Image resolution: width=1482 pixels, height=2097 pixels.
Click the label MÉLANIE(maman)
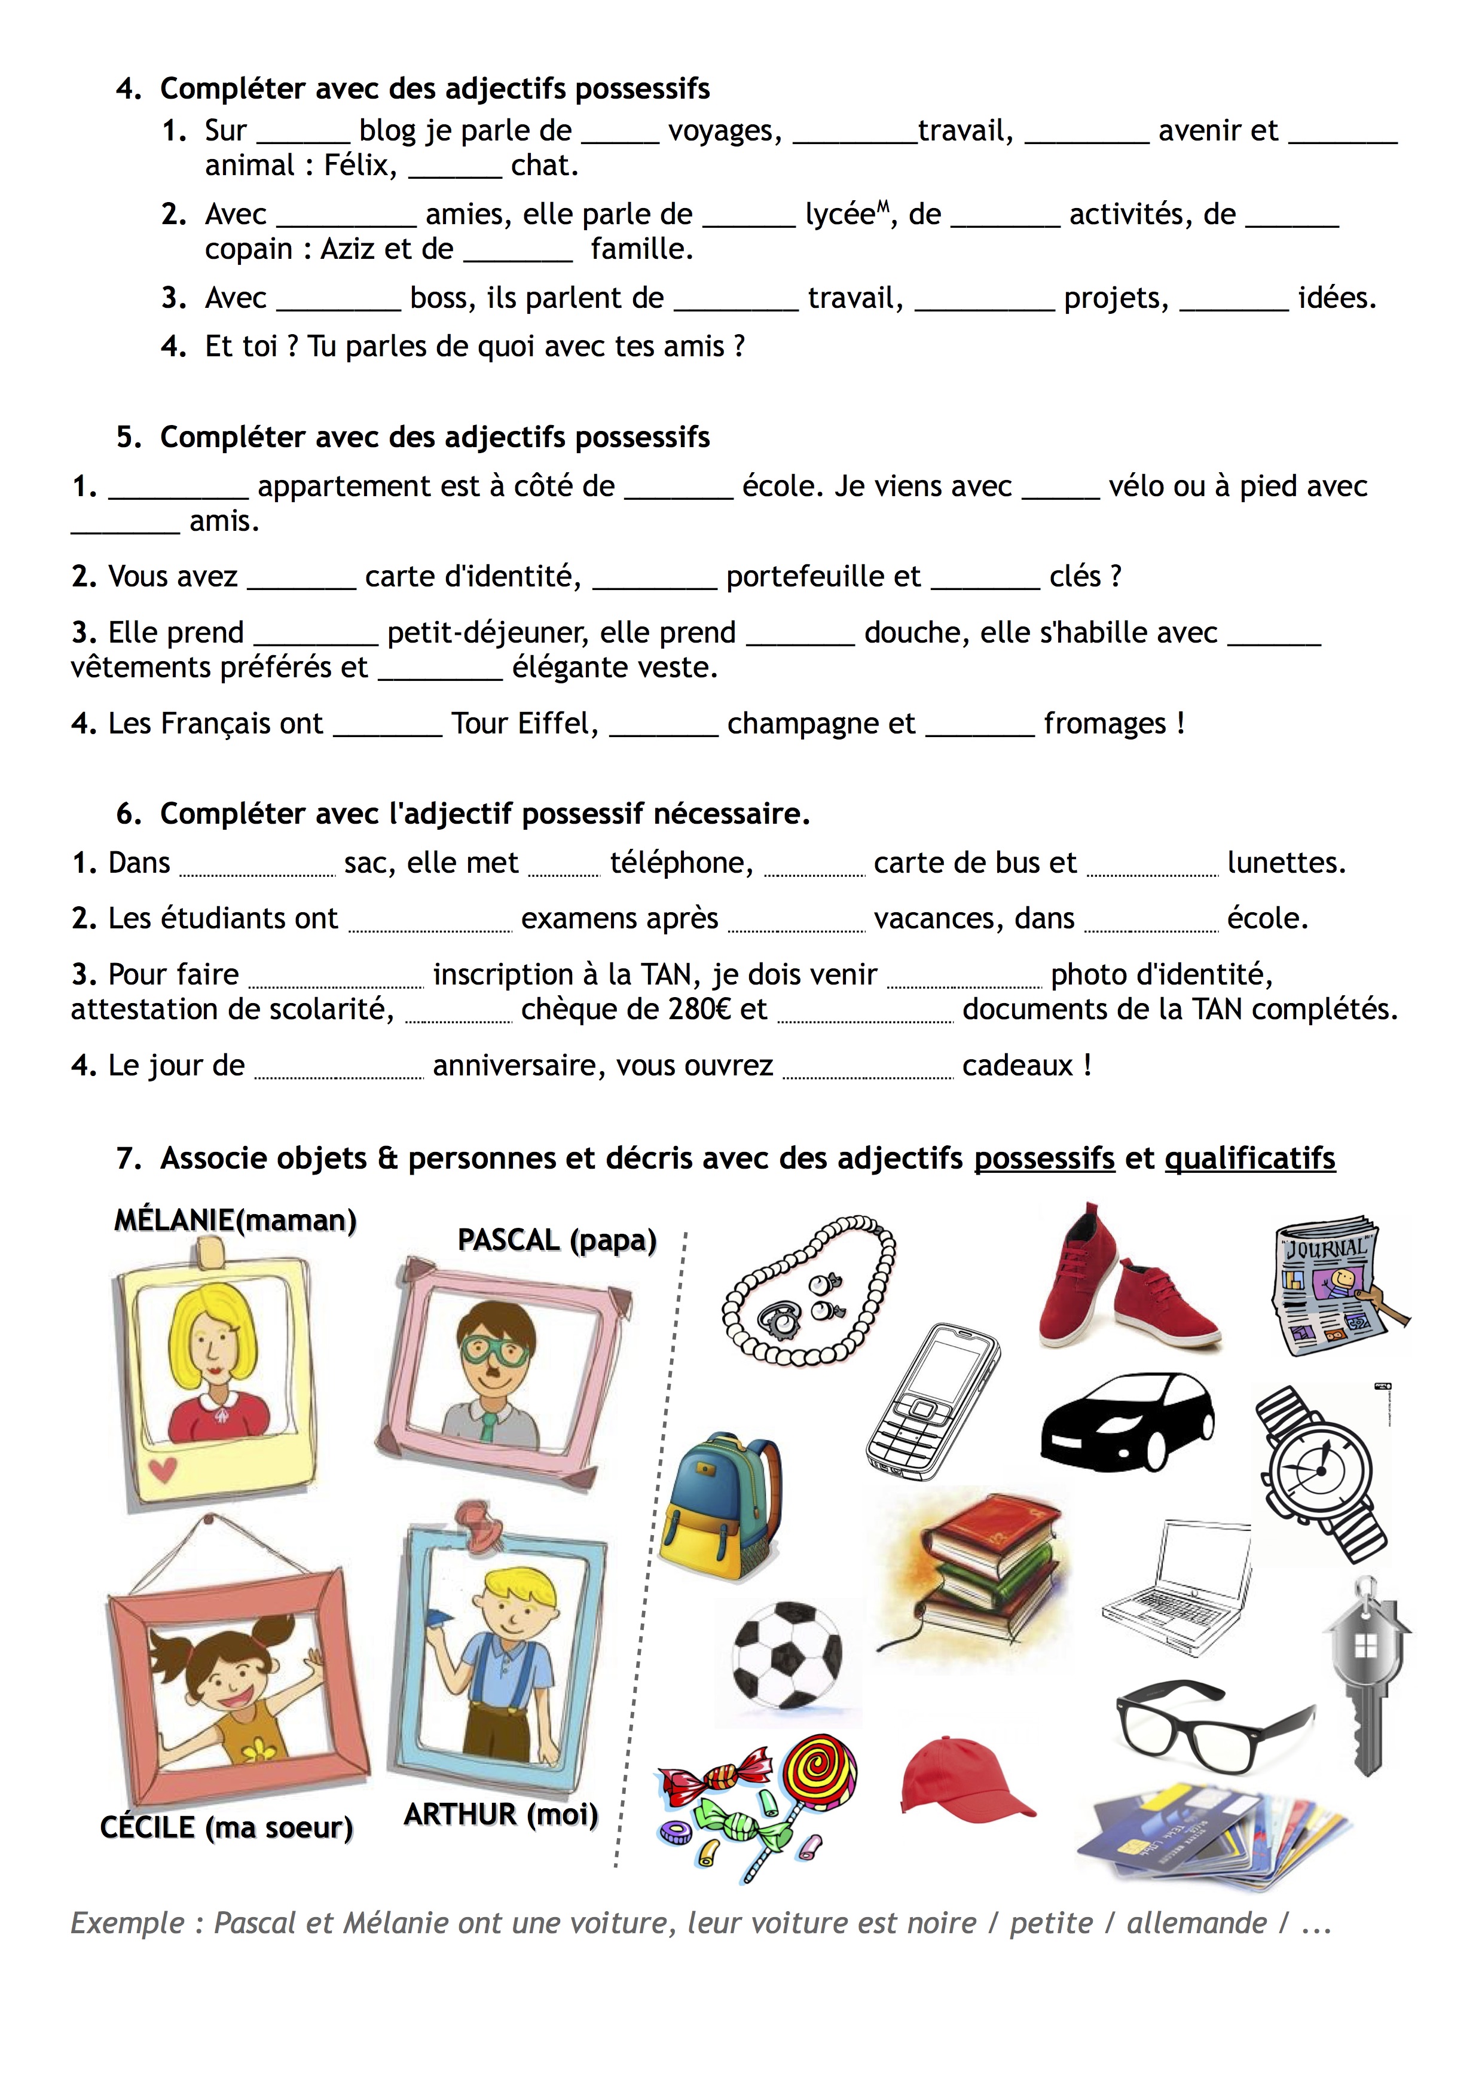point(236,1220)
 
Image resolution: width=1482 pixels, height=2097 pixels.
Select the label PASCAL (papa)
point(557,1240)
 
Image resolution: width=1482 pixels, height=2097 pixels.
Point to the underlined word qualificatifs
point(1249,1158)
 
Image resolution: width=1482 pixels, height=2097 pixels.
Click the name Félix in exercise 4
point(360,166)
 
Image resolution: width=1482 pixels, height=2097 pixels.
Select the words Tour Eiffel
point(524,723)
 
